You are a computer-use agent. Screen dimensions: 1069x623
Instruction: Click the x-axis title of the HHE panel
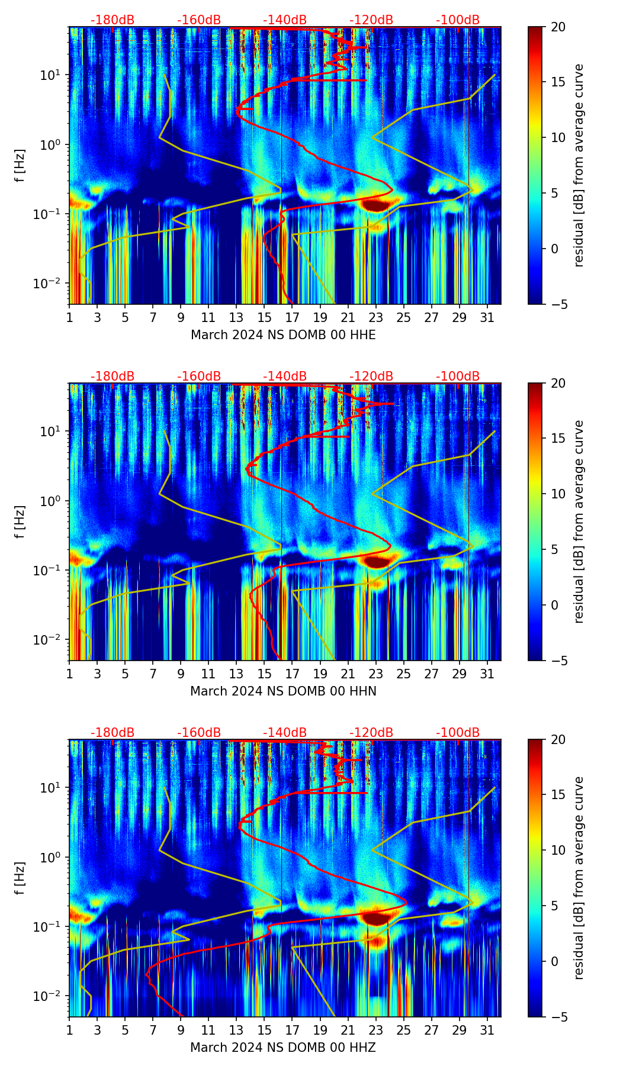(x=283, y=335)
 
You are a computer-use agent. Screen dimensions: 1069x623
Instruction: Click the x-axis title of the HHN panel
(x=283, y=691)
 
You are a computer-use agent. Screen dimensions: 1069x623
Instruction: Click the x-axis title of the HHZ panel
(x=283, y=1048)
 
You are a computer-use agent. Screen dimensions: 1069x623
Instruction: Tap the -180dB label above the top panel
(x=113, y=20)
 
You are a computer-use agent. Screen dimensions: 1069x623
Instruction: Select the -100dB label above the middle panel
(x=458, y=376)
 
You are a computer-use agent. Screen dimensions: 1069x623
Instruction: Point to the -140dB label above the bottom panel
(x=285, y=733)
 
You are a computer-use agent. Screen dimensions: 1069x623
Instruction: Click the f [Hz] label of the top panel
(x=21, y=166)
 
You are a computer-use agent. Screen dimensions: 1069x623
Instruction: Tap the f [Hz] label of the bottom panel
(x=21, y=878)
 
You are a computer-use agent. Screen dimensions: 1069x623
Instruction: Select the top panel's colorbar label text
(x=579, y=166)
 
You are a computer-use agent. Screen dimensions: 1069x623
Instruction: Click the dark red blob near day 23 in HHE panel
(x=375, y=205)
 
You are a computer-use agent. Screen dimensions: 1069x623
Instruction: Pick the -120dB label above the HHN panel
(x=371, y=376)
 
